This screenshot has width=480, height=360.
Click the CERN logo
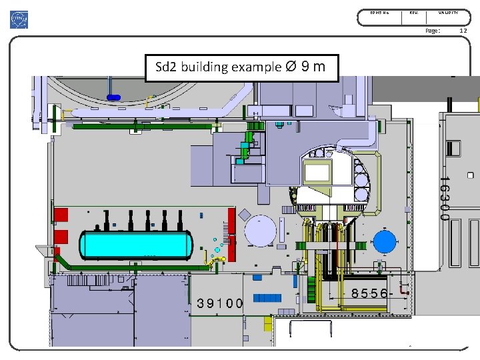click(19, 20)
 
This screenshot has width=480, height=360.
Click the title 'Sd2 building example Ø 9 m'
click(241, 67)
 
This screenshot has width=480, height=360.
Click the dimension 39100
click(219, 303)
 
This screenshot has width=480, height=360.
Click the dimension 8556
click(369, 293)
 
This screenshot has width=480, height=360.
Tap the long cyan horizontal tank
click(136, 245)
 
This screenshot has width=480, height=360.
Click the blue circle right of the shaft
click(384, 241)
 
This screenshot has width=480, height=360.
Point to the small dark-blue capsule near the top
click(113, 97)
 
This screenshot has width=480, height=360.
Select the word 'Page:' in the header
click(433, 31)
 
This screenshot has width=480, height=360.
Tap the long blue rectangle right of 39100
click(267, 297)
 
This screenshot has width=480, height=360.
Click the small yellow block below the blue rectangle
click(268, 323)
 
